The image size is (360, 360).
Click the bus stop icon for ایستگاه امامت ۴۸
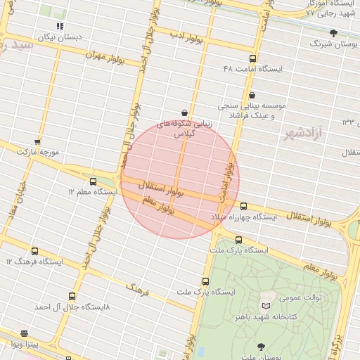tap(252, 59)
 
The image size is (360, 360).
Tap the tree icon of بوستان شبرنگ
tap(333, 33)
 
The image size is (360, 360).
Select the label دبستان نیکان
tap(60, 36)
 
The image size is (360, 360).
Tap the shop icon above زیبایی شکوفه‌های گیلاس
tap(184, 112)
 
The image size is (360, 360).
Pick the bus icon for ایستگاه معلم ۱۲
tap(94, 182)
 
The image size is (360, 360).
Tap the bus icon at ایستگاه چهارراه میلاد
tap(244, 206)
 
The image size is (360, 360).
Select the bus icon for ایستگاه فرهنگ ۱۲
tap(35, 251)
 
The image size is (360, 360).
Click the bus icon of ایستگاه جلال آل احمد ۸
tap(72, 297)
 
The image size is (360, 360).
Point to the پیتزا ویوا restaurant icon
tap(25, 333)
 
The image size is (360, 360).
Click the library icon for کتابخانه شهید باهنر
tap(266, 307)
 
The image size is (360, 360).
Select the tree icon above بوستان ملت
tap(262, 346)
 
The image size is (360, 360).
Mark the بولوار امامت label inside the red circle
tap(226, 182)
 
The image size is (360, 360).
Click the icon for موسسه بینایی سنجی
tap(252, 96)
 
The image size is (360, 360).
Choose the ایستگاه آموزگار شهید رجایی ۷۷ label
tap(326, 8)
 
